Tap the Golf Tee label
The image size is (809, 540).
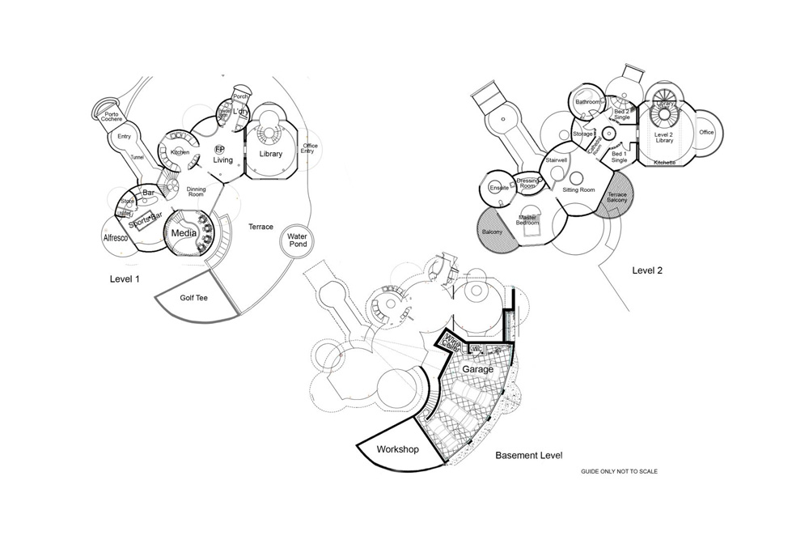[x=193, y=298]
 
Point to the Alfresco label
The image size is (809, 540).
[x=117, y=238]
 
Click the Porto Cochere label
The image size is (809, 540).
[x=112, y=116]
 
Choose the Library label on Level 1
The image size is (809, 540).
[x=269, y=154]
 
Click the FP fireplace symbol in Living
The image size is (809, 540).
[x=219, y=150]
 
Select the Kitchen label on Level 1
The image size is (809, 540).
[x=180, y=152]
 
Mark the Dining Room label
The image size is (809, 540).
[x=197, y=192]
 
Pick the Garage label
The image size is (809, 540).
[x=478, y=369]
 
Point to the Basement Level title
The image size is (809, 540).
[x=528, y=456]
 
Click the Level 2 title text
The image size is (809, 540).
[x=647, y=270]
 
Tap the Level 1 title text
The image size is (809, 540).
[x=125, y=279]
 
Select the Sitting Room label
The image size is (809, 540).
[x=578, y=190]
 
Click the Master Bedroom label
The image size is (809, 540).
[x=528, y=219]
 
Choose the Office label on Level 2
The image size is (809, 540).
[x=706, y=132]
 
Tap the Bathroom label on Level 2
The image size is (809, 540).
[x=587, y=102]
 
